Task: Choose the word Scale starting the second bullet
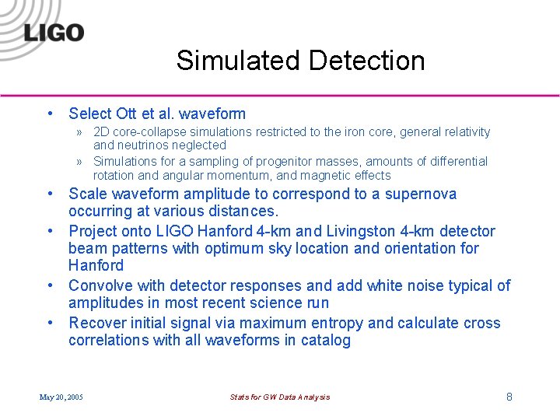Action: [88, 194]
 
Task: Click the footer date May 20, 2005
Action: [61, 397]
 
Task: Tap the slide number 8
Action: [509, 397]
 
